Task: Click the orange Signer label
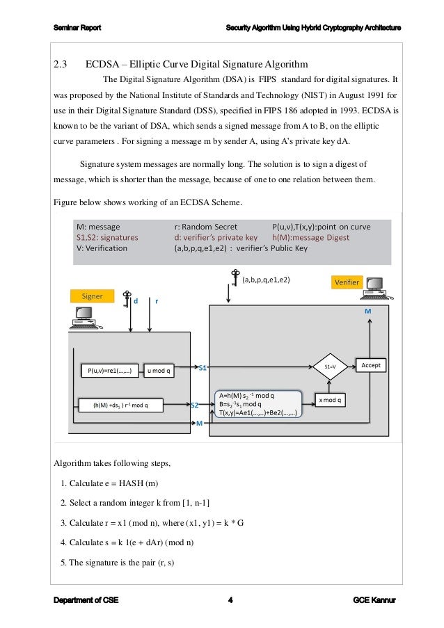point(93,296)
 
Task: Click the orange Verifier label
point(347,282)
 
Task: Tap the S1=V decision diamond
point(331,366)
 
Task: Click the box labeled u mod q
point(161,370)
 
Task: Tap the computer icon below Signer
point(82,319)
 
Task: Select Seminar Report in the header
point(77,28)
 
